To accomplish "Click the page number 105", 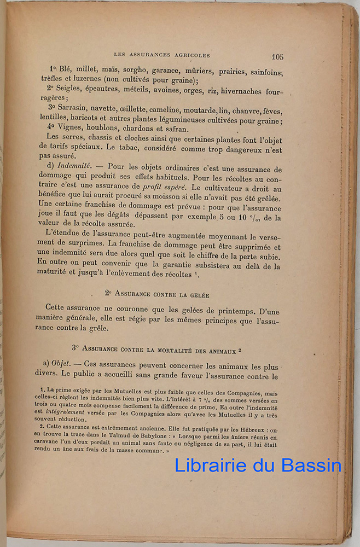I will click(x=277, y=56).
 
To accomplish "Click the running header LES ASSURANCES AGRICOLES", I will click(x=161, y=55).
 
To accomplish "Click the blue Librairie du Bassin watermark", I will click(x=258, y=465).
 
